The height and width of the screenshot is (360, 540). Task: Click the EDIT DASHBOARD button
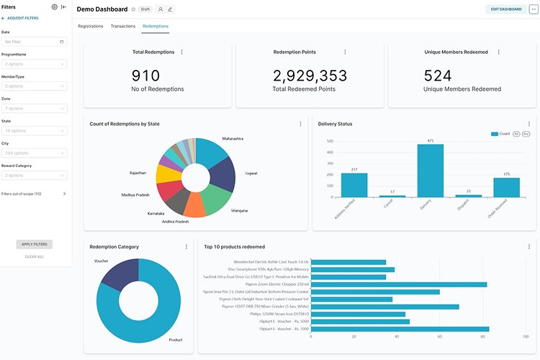pos(505,9)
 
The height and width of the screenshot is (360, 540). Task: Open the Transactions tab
pos(122,26)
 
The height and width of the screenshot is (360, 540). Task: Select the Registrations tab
pos(90,26)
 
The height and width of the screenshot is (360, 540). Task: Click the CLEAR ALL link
pos(35,256)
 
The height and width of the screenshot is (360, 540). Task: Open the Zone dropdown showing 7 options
pos(35,109)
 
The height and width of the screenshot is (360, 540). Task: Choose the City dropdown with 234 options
pos(35,153)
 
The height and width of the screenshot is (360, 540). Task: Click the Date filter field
pos(35,42)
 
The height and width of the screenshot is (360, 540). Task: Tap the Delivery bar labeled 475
pos(430,171)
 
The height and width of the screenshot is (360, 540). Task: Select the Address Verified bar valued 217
pos(354,185)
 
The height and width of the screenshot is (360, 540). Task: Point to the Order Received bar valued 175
pos(506,187)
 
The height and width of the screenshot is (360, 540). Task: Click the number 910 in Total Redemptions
pos(146,75)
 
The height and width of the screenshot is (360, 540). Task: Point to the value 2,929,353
pos(310,75)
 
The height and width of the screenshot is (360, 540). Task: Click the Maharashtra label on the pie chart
pos(233,138)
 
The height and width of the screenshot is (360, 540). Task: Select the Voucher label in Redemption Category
pos(101,261)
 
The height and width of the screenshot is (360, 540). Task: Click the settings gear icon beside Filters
pos(54,7)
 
